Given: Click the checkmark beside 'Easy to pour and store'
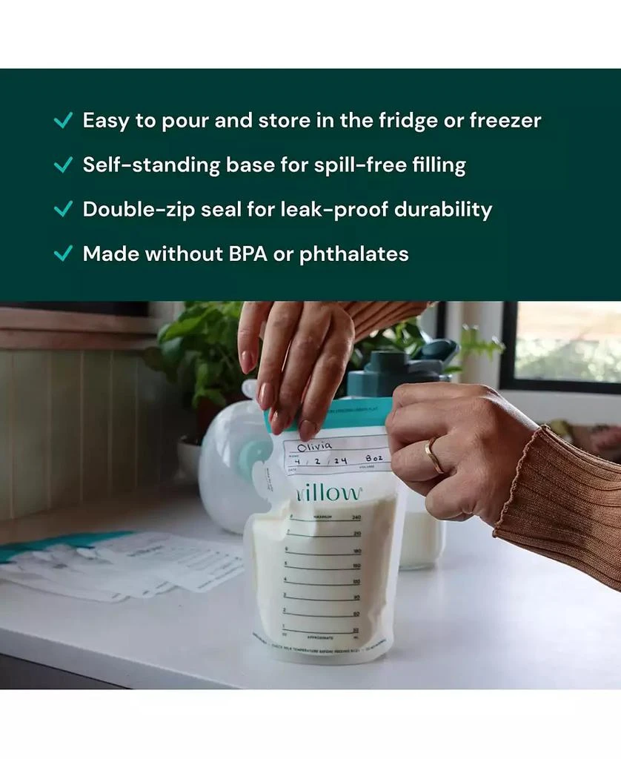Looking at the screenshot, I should click(x=63, y=120).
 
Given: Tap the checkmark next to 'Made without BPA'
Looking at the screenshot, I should click(x=63, y=253).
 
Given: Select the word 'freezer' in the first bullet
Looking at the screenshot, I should click(x=505, y=120).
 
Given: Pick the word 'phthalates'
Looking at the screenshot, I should click(x=353, y=253).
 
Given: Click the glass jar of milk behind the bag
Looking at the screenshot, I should click(x=421, y=534).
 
